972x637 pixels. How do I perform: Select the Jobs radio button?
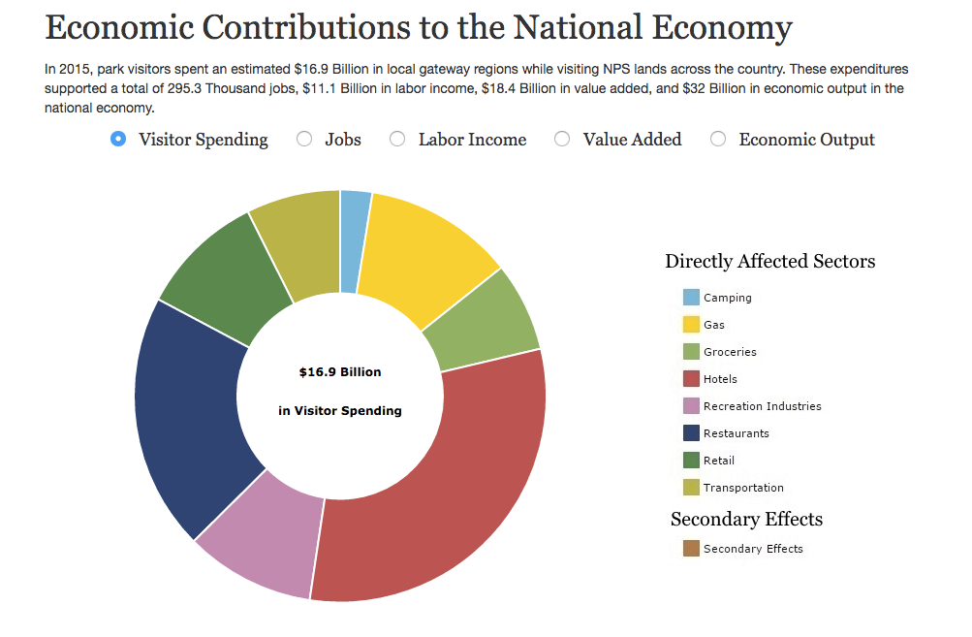(304, 139)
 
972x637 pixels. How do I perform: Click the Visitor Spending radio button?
(118, 139)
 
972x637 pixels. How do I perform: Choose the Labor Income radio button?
(397, 139)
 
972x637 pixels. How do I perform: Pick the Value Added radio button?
(562, 139)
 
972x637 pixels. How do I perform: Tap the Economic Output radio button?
(718, 139)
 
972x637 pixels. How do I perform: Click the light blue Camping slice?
(354, 241)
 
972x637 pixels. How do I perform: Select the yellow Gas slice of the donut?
(422, 254)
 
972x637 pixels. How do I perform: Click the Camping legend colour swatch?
(691, 297)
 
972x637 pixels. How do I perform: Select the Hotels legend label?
(720, 379)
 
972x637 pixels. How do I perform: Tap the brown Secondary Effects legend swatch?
(691, 549)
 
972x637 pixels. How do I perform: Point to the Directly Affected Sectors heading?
(770, 261)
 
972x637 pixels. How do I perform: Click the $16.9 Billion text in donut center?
(340, 372)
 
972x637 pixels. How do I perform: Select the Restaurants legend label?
(737, 433)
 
